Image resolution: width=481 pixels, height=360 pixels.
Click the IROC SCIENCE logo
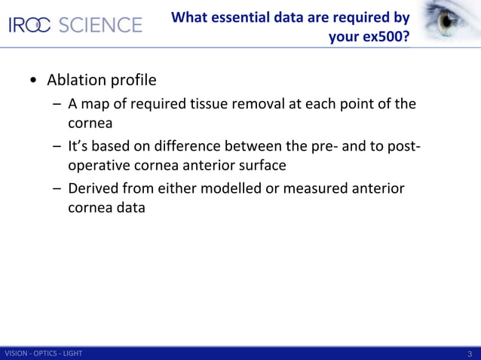[75, 25]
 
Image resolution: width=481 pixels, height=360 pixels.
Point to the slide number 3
[470, 354]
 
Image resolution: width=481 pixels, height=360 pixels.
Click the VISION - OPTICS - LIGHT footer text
[44, 354]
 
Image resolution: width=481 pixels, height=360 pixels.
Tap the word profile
[136, 80]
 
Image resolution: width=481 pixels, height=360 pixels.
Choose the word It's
[80, 146]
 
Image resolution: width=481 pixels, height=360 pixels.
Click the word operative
[100, 166]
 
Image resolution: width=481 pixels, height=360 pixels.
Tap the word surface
[260, 166]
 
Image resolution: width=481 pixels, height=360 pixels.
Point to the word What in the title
[190, 17]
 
